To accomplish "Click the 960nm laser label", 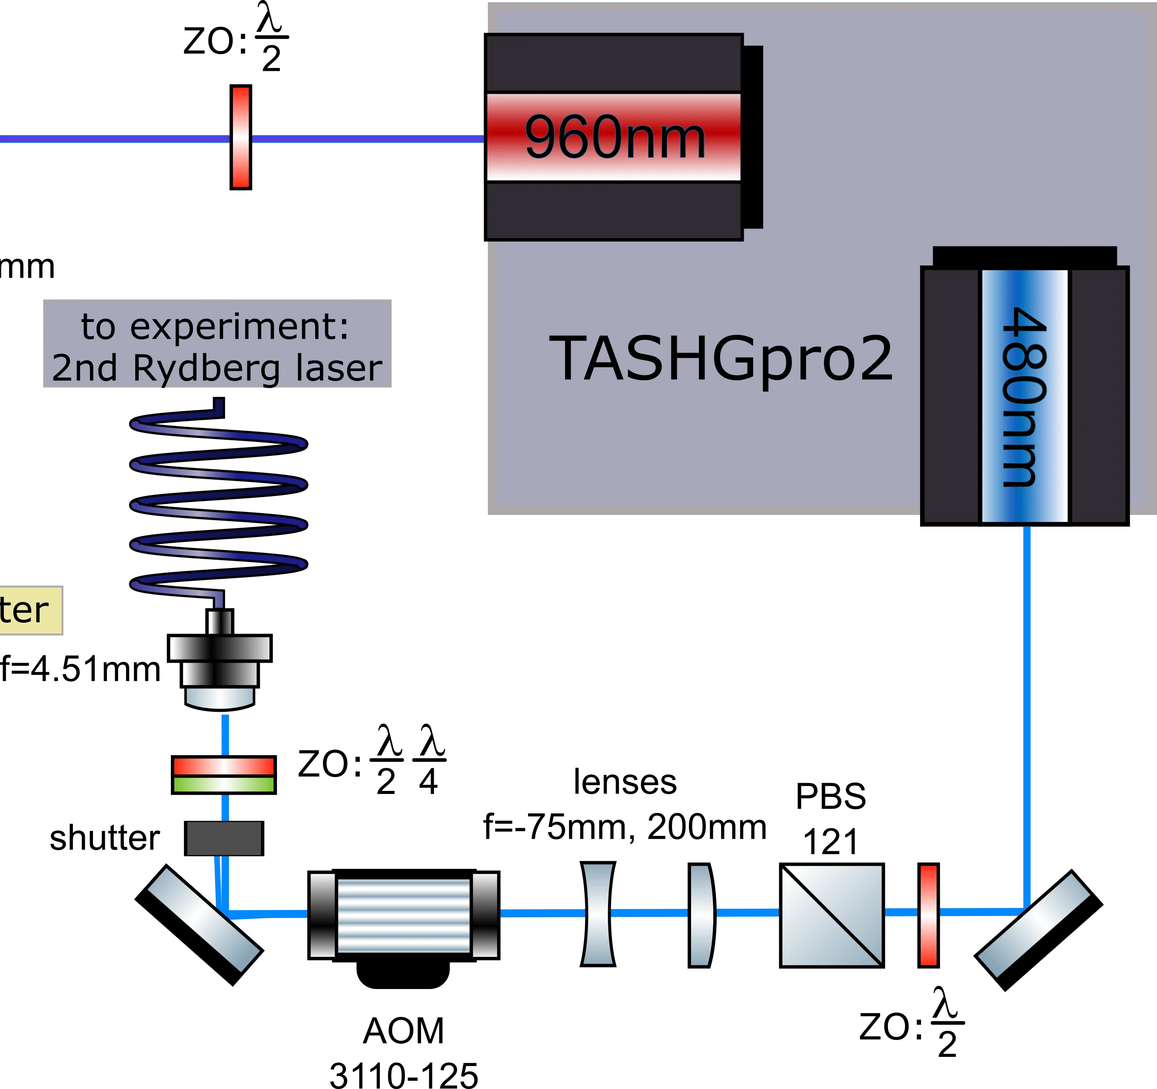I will coord(615,137).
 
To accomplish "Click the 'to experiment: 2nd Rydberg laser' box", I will coord(217,345).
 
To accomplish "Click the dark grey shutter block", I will coord(224,839).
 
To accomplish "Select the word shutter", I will coord(105,839).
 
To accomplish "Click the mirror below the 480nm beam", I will coord(1039,930).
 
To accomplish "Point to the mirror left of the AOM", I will coord(199,924).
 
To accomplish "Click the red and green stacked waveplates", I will coord(224,775).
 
